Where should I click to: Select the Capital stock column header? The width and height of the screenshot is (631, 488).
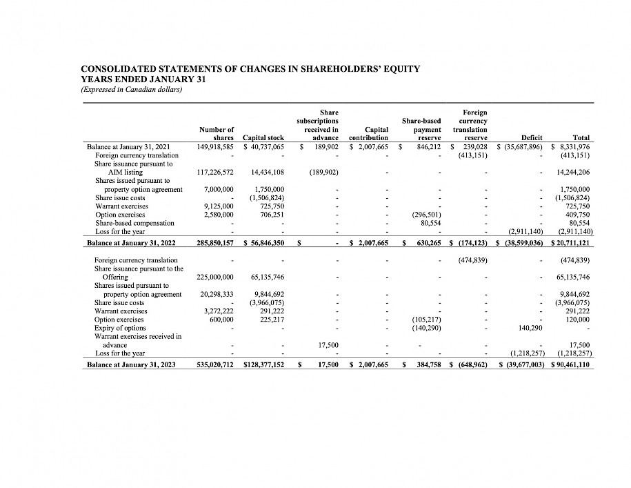(263, 138)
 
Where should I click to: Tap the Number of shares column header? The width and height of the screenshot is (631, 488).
(216, 134)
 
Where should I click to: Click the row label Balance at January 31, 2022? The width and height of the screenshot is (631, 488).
(129, 244)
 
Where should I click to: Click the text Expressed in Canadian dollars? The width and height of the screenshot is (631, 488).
(131, 88)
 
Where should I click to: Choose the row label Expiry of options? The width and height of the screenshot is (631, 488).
(120, 328)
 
